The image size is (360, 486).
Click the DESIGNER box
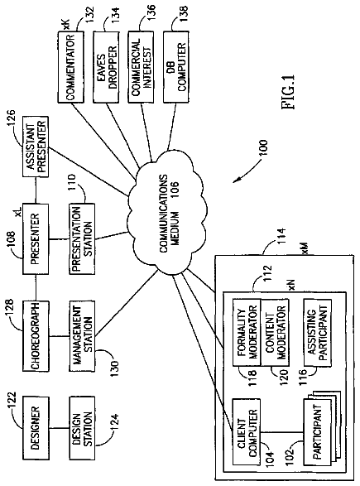coord(36,428)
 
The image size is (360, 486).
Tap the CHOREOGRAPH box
coord(36,335)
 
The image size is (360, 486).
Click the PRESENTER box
coord(36,238)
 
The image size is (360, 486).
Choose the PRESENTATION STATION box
coord(82,238)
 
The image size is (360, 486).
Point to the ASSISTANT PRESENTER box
coord(36,147)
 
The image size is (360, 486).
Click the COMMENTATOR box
coord(71,66)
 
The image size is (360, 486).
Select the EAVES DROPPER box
coord(106,66)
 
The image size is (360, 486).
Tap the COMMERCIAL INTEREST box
coord(141,66)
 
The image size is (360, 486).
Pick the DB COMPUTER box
coord(176,66)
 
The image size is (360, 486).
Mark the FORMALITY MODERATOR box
coord(247,332)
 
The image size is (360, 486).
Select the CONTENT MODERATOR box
coord(275,332)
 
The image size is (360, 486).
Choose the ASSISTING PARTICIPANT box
coord(318,332)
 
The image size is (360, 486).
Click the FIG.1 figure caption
coord(288,92)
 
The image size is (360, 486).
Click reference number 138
coord(183,12)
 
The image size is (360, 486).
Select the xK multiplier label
coord(66,24)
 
